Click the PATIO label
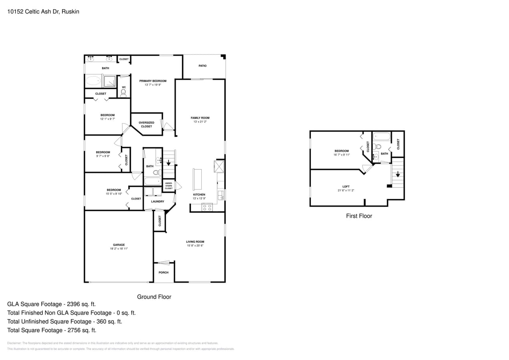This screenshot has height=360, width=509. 202,66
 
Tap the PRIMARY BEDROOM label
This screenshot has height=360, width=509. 153,81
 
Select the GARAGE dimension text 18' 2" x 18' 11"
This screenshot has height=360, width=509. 119,249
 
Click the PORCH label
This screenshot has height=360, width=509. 164,272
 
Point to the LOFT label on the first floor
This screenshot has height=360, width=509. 346,186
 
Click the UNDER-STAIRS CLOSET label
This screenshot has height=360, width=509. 169,186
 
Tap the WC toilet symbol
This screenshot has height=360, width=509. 123,93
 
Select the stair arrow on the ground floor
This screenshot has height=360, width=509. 168,162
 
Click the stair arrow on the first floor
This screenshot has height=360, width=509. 398,174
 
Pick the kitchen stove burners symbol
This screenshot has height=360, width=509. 207,207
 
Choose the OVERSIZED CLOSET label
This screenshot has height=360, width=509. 146,124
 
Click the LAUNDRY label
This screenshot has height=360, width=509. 158,201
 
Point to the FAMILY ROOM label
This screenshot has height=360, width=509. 200,118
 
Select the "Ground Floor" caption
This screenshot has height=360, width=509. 154,297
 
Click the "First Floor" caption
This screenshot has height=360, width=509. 359,216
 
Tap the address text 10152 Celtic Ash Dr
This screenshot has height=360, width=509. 43,12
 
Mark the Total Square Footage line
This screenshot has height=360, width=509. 52,330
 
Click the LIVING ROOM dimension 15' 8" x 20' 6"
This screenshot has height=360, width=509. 195,246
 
